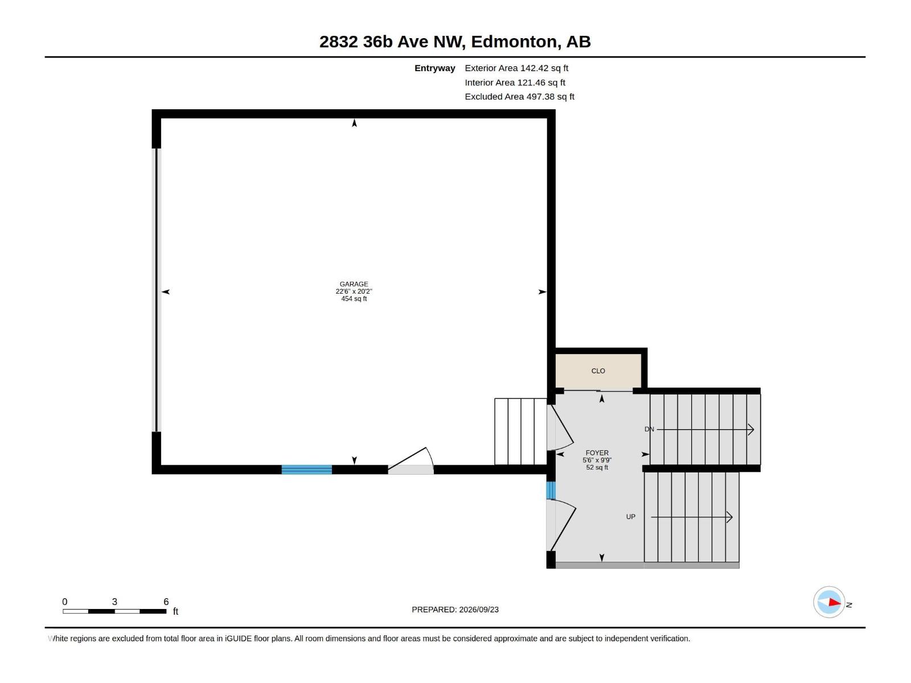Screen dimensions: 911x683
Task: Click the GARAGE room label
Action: pos(354,284)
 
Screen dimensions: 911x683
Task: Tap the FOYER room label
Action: pos(597,453)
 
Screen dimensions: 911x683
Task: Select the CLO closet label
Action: pos(598,371)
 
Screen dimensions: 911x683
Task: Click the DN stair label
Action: pos(649,429)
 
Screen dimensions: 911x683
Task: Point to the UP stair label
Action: pos(630,517)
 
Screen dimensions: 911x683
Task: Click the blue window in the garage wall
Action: pos(307,470)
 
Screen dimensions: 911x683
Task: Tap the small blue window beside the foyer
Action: pos(551,490)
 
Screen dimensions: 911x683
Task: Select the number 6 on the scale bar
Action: pos(166,602)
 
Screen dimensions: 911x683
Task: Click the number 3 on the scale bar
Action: pos(114,602)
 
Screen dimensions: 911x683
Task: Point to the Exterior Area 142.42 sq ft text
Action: pos(516,68)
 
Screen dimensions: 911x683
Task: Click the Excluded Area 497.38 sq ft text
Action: pos(519,97)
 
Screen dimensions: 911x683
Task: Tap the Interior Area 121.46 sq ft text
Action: pos(515,83)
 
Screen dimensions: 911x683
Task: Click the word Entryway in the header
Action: pos(434,68)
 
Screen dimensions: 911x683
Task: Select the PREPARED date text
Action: pos(455,610)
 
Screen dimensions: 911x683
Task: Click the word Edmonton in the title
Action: pos(514,42)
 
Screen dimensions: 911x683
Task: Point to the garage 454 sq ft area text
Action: pos(354,299)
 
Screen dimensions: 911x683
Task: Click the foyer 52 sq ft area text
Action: pos(597,467)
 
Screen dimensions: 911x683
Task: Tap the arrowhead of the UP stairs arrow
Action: pos(729,517)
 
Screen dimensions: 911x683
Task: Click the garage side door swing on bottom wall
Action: pos(411,460)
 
